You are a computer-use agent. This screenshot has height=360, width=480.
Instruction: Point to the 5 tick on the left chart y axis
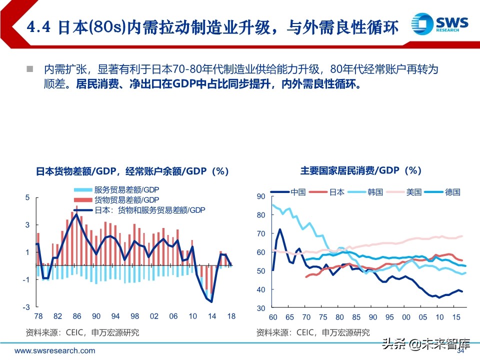27,198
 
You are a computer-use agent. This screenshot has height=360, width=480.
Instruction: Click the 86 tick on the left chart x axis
76,316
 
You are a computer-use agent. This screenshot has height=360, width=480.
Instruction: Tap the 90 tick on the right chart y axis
260,196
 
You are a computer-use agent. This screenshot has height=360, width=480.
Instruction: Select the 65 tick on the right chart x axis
290,317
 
